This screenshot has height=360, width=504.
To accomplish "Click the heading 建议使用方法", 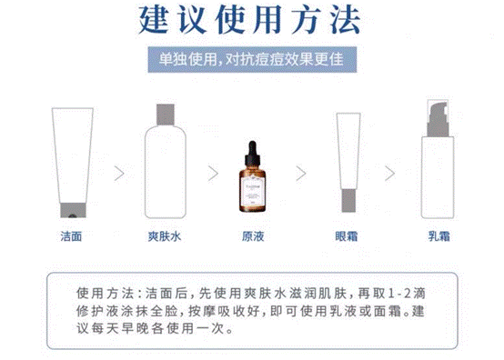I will (x=251, y=21).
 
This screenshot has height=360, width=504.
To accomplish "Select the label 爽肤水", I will (x=164, y=236).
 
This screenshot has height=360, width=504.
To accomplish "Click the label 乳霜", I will (x=440, y=236).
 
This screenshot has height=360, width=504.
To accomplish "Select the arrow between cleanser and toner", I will (x=117, y=173).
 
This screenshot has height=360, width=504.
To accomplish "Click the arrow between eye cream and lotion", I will (x=392, y=173).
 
